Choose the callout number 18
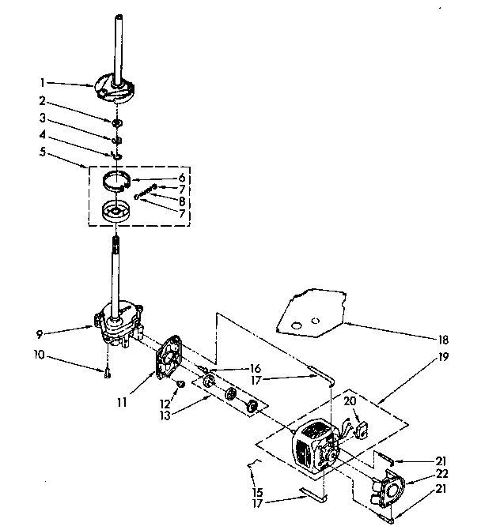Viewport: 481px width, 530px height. (443, 340)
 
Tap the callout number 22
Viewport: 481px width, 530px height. (443, 473)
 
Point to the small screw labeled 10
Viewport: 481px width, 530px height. (107, 374)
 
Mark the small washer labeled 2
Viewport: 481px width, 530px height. (117, 122)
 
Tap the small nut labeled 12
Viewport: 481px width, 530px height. (180, 384)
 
